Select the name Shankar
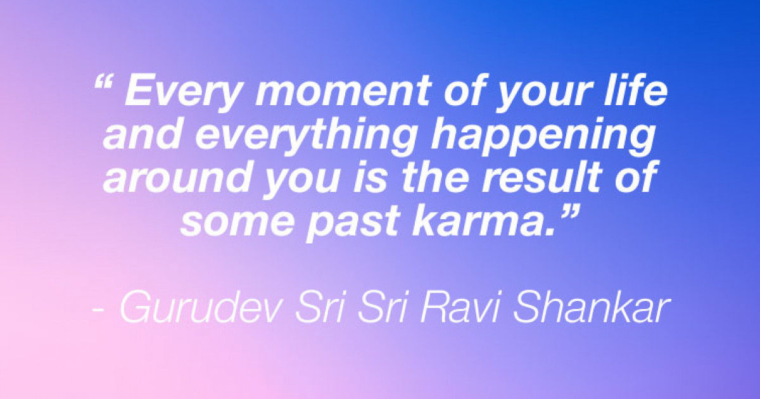592,307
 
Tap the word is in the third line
370,177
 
